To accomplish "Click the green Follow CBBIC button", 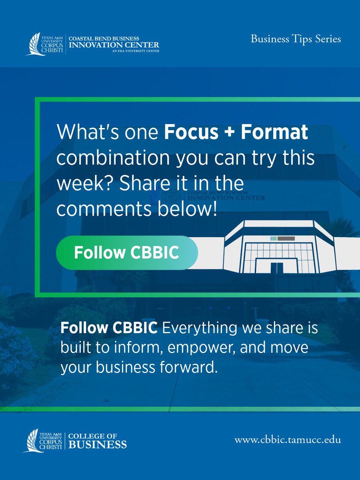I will [127, 253].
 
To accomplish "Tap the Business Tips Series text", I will [296, 39].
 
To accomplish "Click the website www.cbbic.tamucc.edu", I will [288, 440].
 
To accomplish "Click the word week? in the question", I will [80, 184].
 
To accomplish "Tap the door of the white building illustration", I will [277, 267].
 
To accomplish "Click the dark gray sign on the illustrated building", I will [286, 238].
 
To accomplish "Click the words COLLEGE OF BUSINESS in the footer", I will [98, 440].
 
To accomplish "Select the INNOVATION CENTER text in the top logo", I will [114, 45].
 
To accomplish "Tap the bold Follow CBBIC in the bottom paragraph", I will [109, 328].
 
